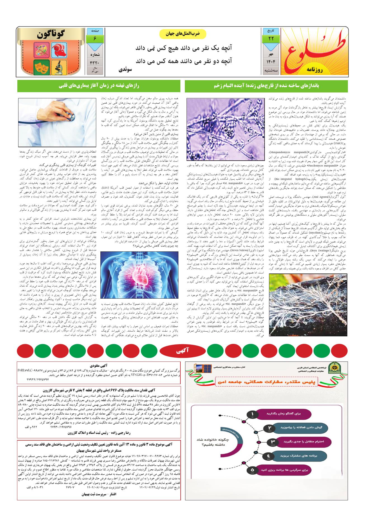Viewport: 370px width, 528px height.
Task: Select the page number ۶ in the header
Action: [x=95, y=39]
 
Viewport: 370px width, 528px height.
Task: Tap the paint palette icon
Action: [x=42, y=49]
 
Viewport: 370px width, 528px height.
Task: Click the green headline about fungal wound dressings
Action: [x=266, y=86]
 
